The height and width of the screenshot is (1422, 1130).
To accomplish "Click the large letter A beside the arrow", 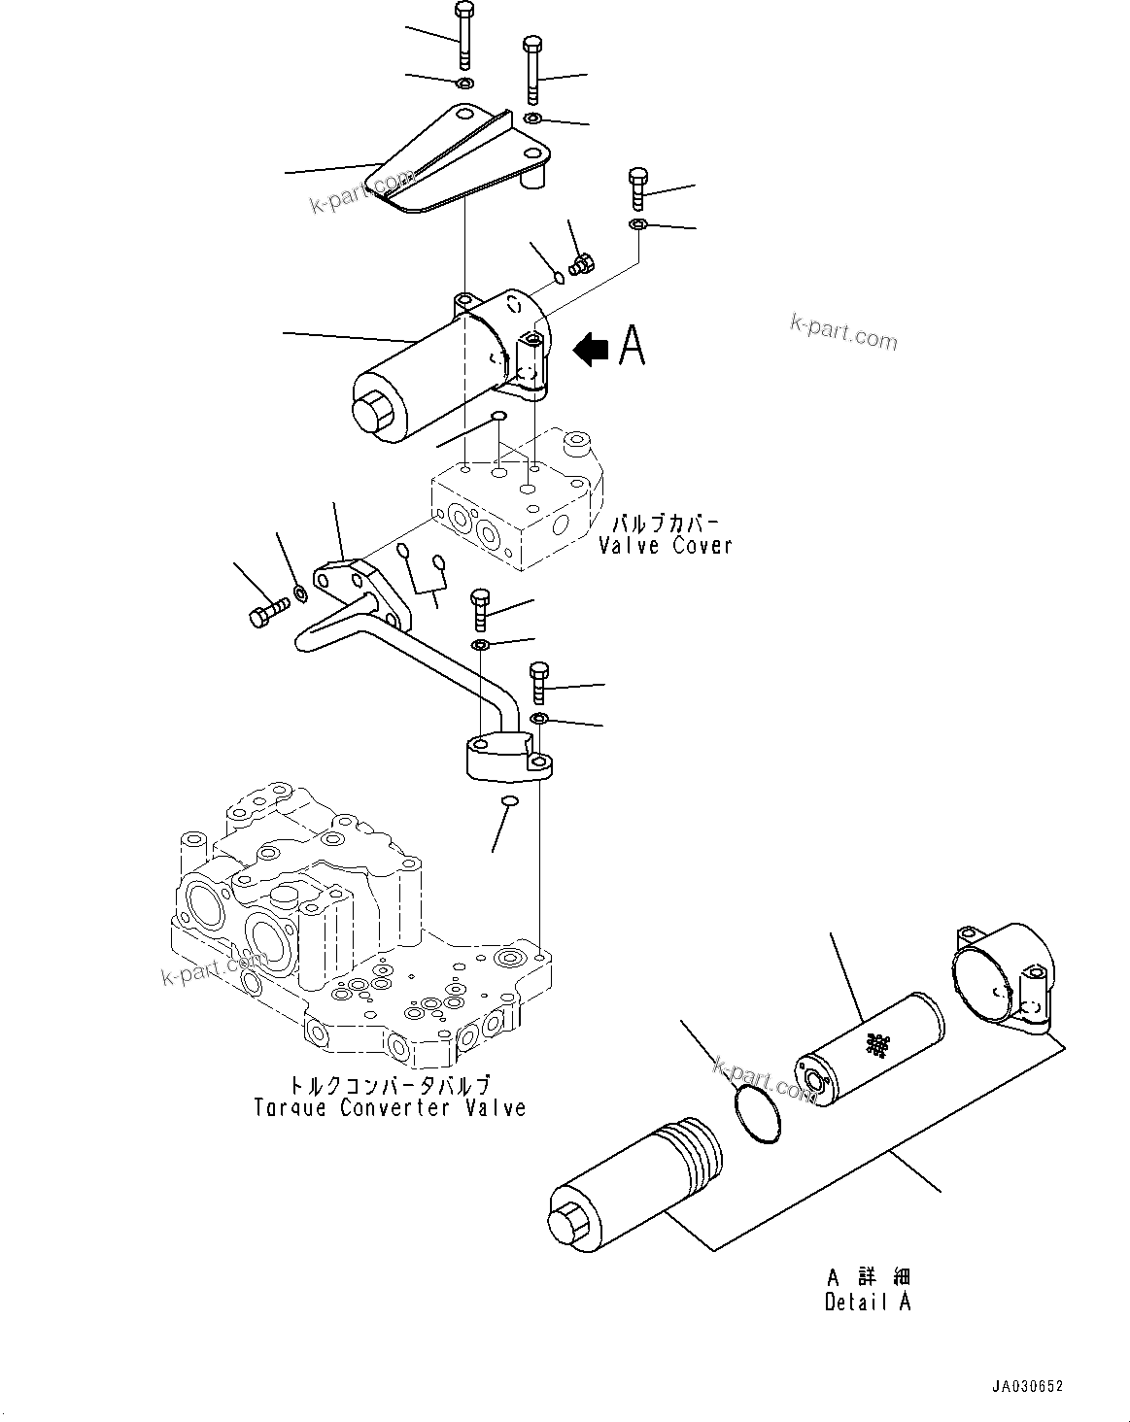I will [632, 345].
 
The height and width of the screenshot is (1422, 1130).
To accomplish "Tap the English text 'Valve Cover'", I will [665, 546].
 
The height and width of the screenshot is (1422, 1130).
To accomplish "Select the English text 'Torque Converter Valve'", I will [390, 1107].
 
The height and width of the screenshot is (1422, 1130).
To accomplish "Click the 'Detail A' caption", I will [868, 1303].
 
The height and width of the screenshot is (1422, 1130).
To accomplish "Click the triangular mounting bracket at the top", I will [457, 160].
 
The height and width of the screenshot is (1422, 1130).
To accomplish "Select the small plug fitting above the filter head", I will [584, 263].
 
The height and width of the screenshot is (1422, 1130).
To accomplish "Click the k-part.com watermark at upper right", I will [843, 332].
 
